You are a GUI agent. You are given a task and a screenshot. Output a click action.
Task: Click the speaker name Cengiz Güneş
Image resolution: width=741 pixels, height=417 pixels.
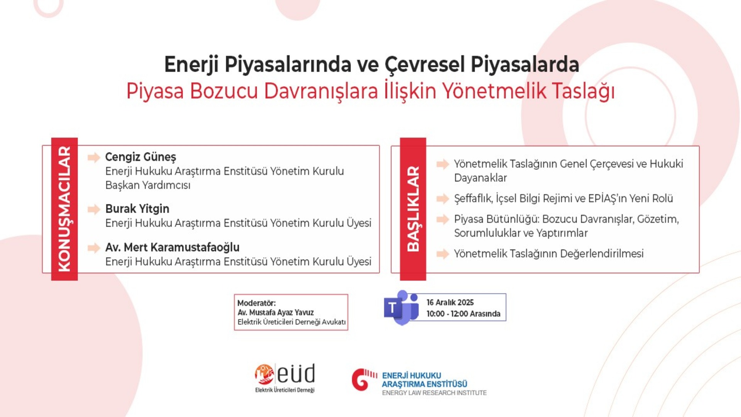tap(140, 157)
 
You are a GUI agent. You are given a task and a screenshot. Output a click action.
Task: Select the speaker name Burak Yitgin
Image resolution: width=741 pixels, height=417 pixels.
tap(137, 209)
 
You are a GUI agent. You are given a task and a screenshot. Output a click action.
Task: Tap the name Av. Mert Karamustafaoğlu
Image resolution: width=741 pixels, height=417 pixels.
tap(173, 247)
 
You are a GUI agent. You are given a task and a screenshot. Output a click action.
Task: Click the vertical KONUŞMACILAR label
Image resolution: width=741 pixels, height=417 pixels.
tap(64, 209)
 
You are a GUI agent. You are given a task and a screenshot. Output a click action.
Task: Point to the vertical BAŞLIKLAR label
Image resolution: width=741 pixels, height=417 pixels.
tap(413, 209)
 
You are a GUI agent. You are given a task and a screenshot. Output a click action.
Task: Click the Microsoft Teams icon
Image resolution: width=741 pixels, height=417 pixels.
tap(401, 308)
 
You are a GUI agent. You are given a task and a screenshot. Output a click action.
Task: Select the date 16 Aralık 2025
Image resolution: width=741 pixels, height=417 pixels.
tap(450, 302)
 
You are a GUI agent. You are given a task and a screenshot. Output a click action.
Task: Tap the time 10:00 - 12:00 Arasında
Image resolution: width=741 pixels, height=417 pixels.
tap(463, 314)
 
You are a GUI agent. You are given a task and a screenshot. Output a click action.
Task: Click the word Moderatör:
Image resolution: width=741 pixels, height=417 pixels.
tap(256, 303)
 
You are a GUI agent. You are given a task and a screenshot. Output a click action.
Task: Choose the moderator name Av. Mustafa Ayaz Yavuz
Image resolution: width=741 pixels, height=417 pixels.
tap(276, 312)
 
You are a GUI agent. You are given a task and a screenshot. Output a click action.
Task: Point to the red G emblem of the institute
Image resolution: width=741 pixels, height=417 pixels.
tap(364, 380)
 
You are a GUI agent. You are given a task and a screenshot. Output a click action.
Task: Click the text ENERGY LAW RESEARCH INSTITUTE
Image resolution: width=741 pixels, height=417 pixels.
tap(434, 393)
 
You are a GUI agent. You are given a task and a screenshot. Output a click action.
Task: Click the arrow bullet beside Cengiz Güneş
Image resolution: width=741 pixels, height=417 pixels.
tap(94, 158)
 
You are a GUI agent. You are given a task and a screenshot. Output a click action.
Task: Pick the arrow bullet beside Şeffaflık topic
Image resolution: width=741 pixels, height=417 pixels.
tap(443, 199)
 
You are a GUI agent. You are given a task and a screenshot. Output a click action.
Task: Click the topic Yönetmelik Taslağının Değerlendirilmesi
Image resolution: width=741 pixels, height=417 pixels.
tap(549, 254)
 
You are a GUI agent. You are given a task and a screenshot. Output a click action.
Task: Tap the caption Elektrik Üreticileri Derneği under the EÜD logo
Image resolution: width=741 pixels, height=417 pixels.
tap(285, 390)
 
